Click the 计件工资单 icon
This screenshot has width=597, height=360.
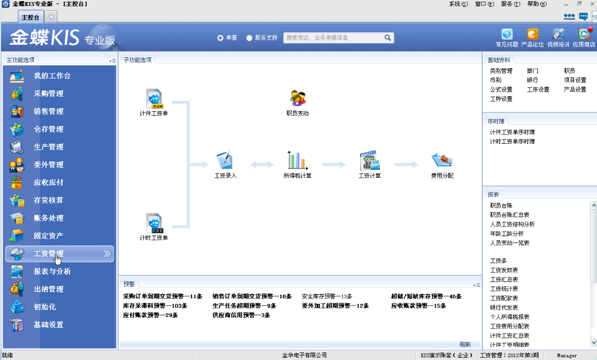tap(154, 98)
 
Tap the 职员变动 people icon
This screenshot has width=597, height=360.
tap(297, 98)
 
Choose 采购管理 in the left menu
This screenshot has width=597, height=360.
tap(48, 93)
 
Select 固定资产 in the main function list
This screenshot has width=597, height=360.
tap(48, 236)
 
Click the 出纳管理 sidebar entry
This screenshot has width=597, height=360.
tap(48, 289)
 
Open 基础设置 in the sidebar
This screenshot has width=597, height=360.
tap(48, 324)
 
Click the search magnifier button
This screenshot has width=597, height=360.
tap(388, 38)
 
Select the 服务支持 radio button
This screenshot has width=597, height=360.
tap(249, 38)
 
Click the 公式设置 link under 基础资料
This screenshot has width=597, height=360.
tap(501, 89)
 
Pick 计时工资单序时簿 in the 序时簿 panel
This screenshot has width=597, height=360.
tap(512, 141)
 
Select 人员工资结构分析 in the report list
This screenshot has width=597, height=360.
tap(512, 224)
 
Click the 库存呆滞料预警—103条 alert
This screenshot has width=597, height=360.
tap(155, 306)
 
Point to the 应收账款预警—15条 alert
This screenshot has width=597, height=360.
tap(418, 306)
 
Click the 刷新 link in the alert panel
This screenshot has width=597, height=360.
tap(465, 345)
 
